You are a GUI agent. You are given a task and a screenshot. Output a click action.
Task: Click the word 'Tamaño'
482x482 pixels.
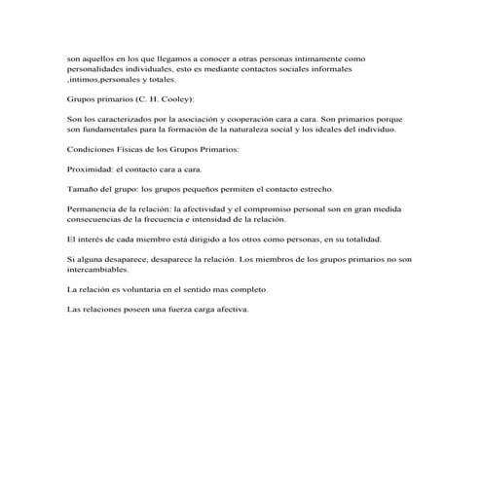pos(82,188)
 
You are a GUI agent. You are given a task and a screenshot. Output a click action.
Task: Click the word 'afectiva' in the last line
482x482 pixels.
pos(227,309)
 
